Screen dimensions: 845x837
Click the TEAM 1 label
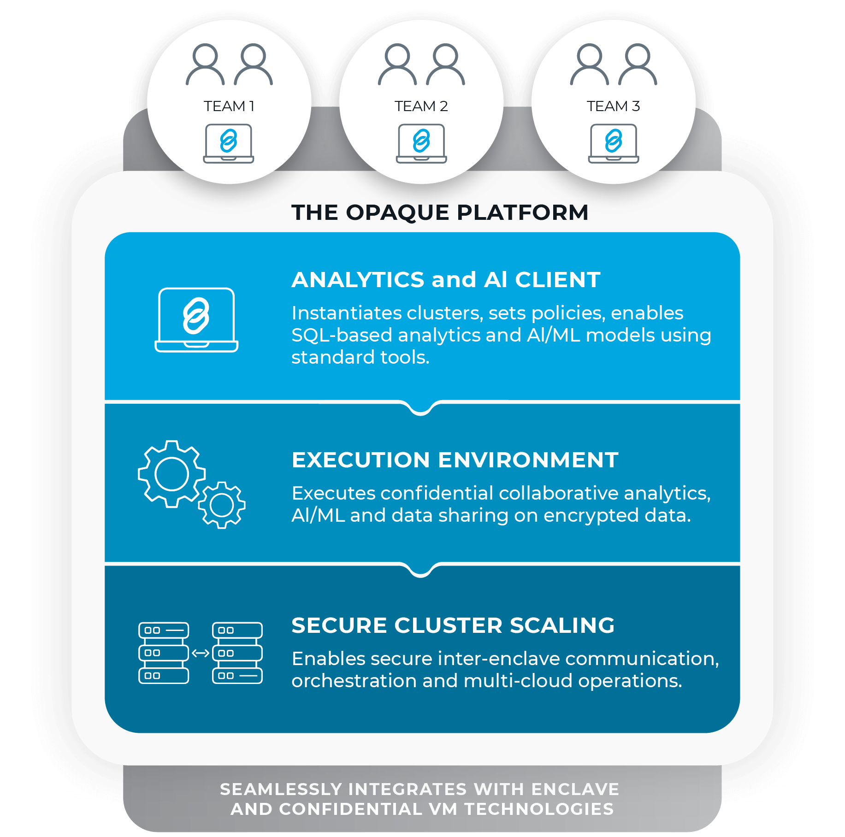click(229, 106)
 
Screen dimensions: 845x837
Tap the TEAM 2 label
click(421, 106)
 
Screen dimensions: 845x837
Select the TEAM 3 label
click(614, 106)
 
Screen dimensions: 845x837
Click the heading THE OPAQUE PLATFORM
click(440, 212)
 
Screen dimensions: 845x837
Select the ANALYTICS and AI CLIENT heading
click(446, 280)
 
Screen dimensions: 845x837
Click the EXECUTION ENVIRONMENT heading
click(455, 460)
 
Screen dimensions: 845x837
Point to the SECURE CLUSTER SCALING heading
click(453, 625)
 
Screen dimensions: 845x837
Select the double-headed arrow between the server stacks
click(201, 653)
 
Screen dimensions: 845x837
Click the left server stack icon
click(164, 653)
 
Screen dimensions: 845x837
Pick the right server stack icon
click(237, 653)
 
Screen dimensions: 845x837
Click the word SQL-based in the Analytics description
click(342, 335)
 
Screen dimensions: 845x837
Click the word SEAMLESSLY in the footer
click(281, 789)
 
